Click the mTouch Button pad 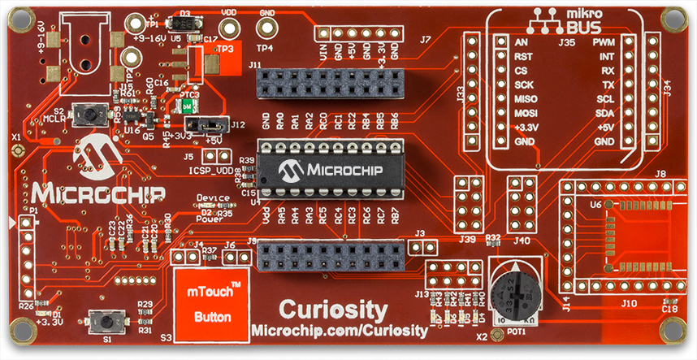coord(209,304)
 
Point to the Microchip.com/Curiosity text coord(340,331)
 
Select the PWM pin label coord(604,41)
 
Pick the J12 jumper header coord(206,125)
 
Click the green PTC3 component coord(188,105)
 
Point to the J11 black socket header coord(329,82)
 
